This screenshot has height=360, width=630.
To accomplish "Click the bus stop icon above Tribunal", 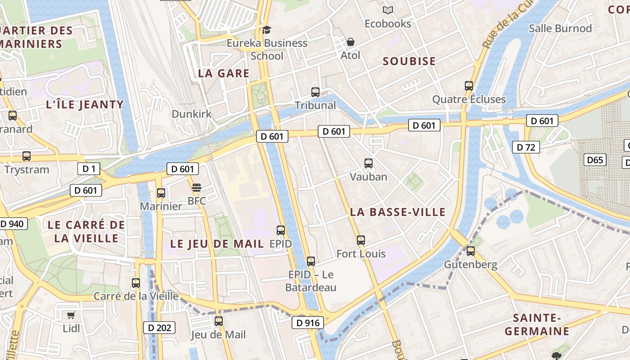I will point(315,92).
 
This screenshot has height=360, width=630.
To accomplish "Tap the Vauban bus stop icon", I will point(369,163).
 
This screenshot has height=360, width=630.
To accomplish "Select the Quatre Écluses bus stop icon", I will point(469,86).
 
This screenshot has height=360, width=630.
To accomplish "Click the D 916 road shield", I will point(308,323).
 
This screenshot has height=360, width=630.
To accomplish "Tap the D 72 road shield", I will point(526,147).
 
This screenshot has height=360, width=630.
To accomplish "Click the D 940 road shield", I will point(13,224).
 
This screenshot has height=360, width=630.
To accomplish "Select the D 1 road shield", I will point(89,169).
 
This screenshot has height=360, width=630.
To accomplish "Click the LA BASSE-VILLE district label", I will point(398,212).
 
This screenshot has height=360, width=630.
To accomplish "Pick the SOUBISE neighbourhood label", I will point(409,62).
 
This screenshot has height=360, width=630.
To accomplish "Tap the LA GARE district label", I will point(224,73).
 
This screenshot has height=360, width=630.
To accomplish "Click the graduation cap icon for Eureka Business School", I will point(267,30).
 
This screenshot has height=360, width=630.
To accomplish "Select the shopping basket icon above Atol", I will point(351,42).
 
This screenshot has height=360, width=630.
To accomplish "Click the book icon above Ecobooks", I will point(387,10).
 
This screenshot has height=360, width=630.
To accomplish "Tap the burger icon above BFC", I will point(196,187).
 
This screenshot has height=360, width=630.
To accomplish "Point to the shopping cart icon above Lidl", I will point(71,315).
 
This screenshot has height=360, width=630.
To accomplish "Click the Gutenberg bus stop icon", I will point(471,251).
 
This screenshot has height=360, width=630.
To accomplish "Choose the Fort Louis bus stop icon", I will point(360,240).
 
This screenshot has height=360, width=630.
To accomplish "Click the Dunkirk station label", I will point(192,114).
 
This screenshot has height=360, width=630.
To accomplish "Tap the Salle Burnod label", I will point(560,28).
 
